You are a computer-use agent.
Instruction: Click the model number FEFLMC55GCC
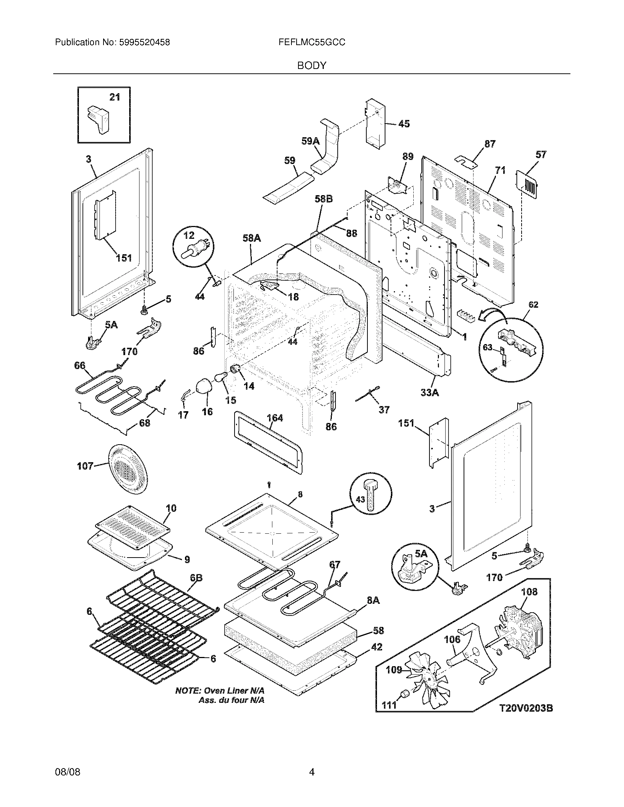point(312,43)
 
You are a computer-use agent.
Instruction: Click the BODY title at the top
point(312,66)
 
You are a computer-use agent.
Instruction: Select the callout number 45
point(404,124)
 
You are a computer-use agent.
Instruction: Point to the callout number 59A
point(311,141)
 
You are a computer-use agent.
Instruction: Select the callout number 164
point(275,418)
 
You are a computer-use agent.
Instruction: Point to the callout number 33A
point(429,392)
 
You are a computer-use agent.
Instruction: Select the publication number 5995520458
point(144,43)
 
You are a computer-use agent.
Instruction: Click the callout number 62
point(533,305)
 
